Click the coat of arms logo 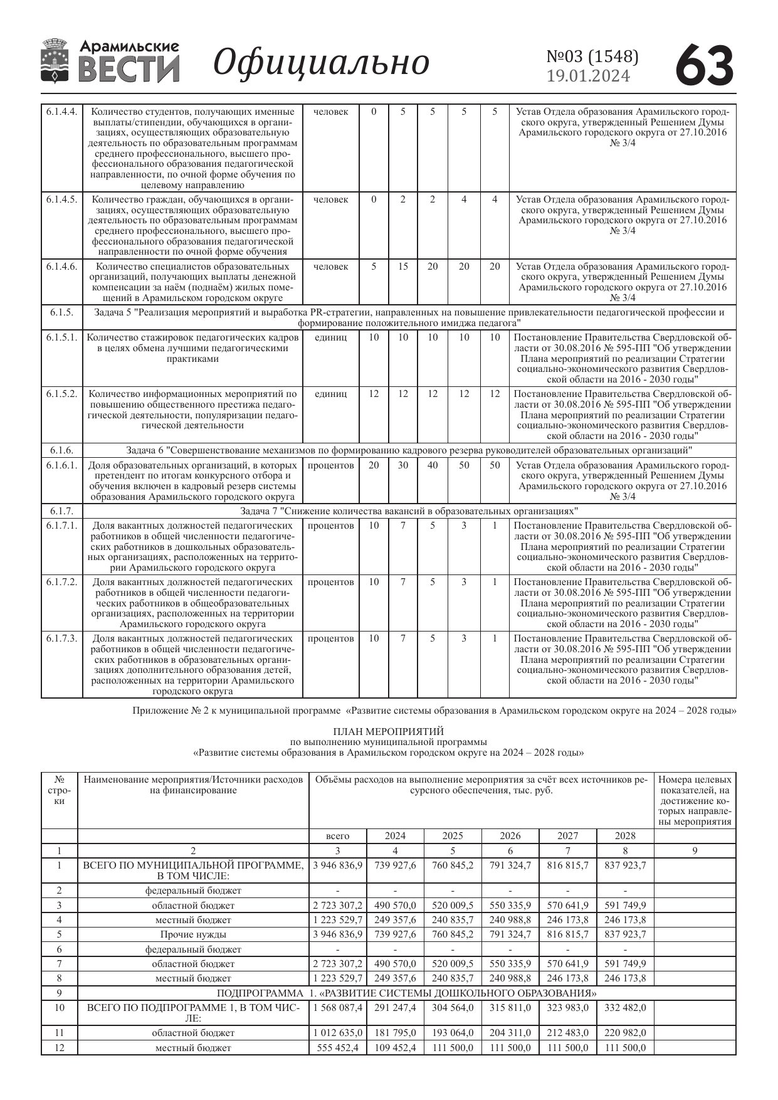coord(55,61)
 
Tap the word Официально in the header coord(321,63)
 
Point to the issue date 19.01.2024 coord(588,77)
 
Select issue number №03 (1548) coord(592,57)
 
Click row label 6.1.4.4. coord(61,112)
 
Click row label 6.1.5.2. coord(61,394)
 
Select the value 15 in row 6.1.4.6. coord(403,267)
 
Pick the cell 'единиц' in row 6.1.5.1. coord(330,337)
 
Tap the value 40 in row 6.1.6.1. coord(433,465)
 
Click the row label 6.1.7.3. coord(61,638)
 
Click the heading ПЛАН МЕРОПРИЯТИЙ coord(388,731)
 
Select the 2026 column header coord(510,836)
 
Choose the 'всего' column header coord(338,836)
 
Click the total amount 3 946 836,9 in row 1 coord(338,865)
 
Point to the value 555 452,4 coord(338,1048)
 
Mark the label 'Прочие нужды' coord(193,934)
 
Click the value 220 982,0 coord(625,1033)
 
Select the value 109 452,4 coord(395,1048)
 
